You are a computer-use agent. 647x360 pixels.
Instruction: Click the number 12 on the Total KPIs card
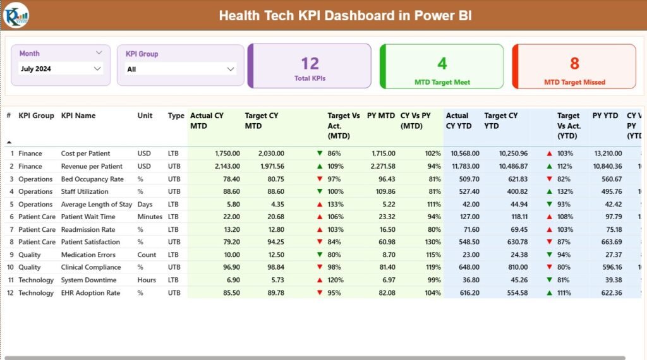point(310,63)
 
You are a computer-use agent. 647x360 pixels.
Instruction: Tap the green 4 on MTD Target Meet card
point(442,63)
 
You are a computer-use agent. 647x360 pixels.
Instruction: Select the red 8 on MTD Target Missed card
point(574,63)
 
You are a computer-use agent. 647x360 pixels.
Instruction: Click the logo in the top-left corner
point(15,15)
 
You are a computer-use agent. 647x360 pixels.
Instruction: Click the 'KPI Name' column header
point(78,116)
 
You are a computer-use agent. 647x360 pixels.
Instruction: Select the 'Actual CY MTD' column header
point(207,121)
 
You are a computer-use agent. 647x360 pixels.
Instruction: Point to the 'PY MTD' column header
point(380,116)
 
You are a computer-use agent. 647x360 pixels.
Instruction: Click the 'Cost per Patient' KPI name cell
point(85,153)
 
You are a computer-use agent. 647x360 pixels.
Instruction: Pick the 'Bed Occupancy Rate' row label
point(92,179)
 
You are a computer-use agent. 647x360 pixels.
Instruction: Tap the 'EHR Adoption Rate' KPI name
point(90,293)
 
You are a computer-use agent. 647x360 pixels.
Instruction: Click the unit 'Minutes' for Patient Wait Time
point(150,217)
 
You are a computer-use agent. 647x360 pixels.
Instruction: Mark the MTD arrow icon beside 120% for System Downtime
point(320,280)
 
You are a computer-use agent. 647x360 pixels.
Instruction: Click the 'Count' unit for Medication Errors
point(147,255)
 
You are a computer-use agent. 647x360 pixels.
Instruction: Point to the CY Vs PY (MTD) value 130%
point(433,242)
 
